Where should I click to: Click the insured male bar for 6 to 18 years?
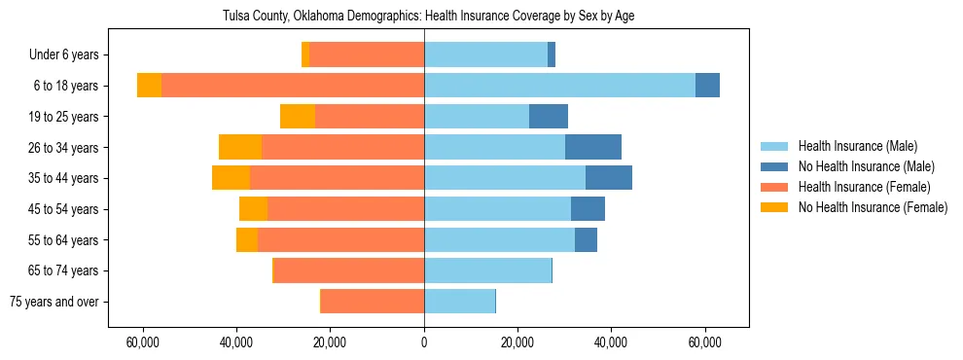[x=559, y=86]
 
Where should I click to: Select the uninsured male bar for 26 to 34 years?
[x=592, y=147]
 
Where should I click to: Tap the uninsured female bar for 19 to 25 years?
[x=298, y=117]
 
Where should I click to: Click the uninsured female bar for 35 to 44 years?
[x=231, y=178]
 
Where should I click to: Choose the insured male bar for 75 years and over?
[x=459, y=302]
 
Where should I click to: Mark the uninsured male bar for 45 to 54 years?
[x=588, y=209]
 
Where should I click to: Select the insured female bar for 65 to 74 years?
[x=349, y=270]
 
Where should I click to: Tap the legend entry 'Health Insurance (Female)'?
[x=864, y=187]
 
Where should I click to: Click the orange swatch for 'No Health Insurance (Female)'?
[x=774, y=207]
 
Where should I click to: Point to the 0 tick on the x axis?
[x=424, y=342]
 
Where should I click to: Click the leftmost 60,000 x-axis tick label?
[x=143, y=342]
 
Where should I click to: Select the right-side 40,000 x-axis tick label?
[x=611, y=342]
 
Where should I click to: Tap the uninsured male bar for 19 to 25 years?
[x=548, y=117]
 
